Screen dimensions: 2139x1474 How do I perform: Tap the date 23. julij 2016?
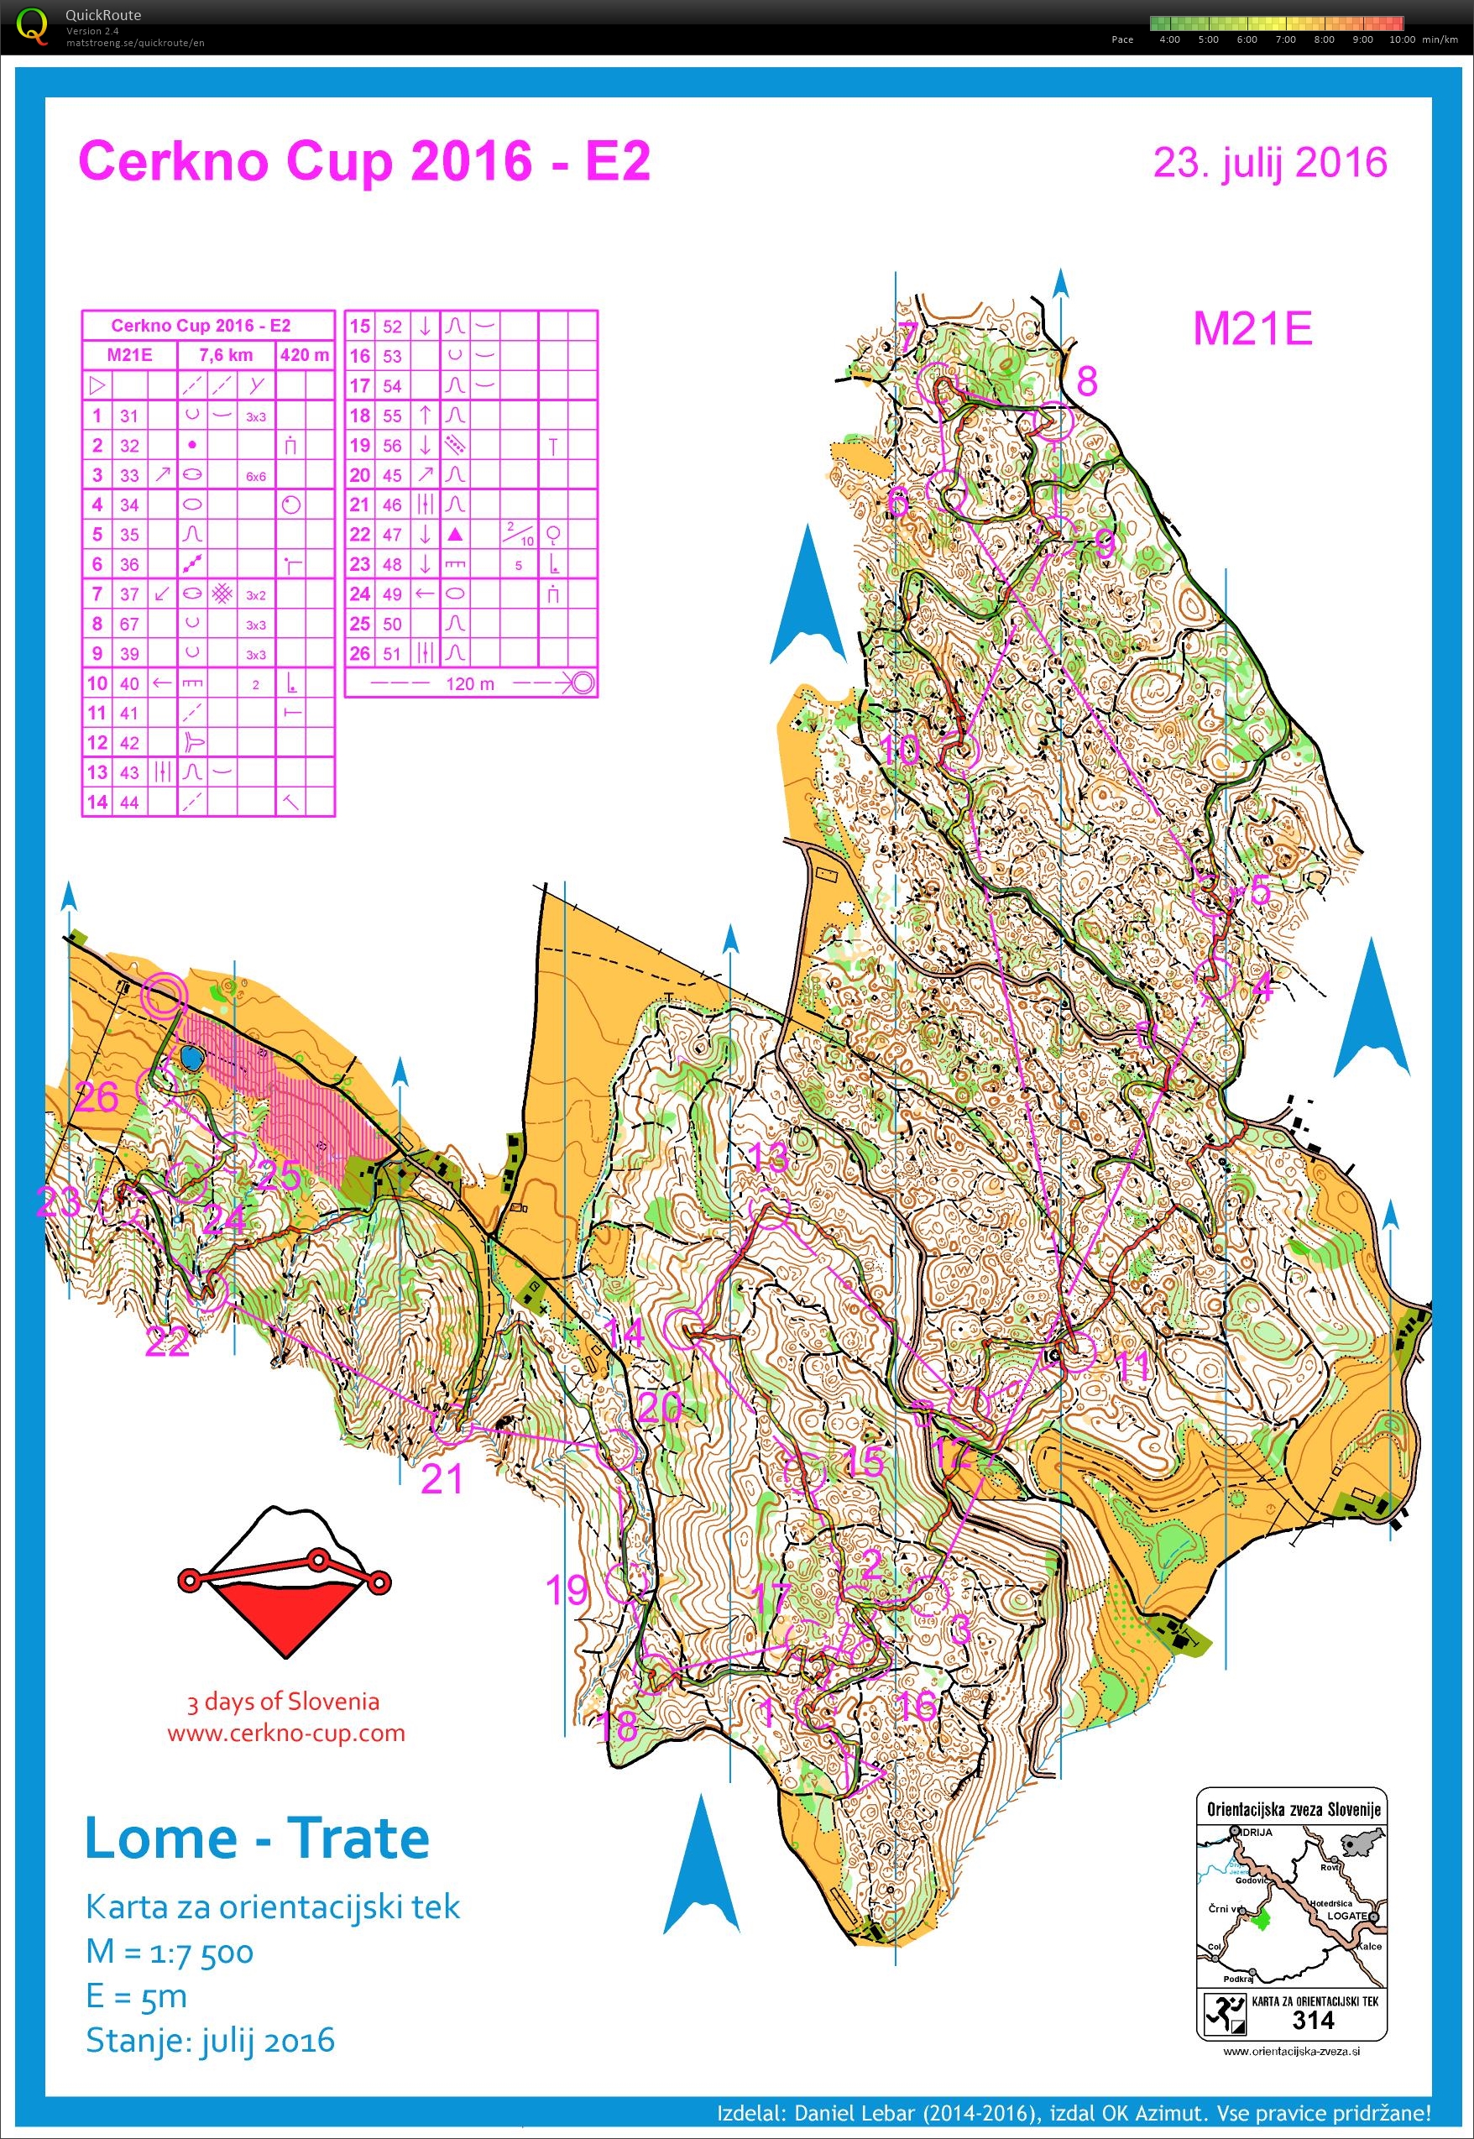1270,163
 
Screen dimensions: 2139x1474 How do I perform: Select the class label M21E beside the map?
1252,329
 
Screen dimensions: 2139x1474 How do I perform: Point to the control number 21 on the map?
441,1478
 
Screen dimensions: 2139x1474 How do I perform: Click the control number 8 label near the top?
1087,380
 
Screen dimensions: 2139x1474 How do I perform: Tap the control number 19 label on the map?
566,1590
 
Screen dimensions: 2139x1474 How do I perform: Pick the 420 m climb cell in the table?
305,354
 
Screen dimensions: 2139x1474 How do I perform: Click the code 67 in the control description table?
129,625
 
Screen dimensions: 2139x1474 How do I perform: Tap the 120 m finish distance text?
469,684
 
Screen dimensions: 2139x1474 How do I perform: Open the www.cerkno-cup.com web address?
286,1733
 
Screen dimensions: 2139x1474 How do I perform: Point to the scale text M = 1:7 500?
169,1952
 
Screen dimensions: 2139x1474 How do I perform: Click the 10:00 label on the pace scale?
1401,39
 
